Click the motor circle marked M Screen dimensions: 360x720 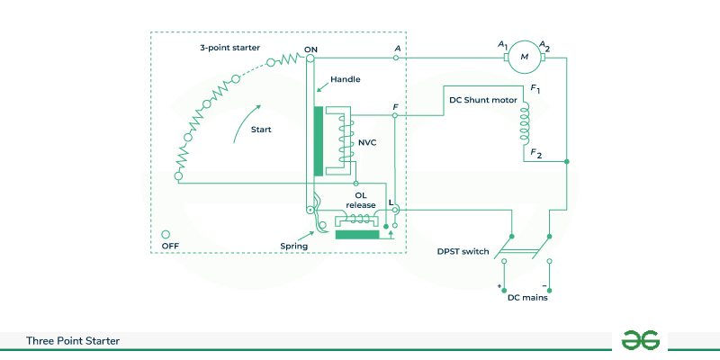(x=523, y=58)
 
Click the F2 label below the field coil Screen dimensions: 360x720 (x=536, y=153)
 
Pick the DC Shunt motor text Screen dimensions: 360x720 (x=482, y=100)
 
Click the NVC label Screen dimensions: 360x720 (x=368, y=140)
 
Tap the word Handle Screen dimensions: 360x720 (x=346, y=79)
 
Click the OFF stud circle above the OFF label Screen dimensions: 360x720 (x=166, y=234)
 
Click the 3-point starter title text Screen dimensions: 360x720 (x=230, y=47)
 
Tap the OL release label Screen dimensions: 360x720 (x=361, y=199)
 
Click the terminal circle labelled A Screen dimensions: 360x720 (x=397, y=58)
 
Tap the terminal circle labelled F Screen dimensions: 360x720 (x=396, y=116)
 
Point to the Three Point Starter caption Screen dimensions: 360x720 (x=73, y=341)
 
